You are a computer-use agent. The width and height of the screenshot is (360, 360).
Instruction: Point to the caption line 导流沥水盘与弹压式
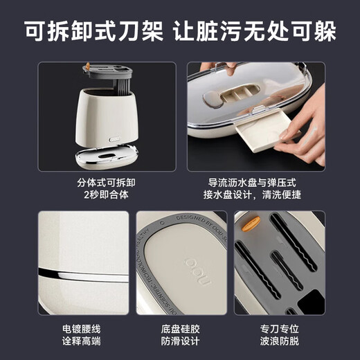point(255,183)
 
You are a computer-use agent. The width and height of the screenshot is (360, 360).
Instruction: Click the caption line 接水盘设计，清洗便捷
point(255,197)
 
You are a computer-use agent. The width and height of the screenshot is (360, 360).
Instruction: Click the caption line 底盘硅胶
point(180,327)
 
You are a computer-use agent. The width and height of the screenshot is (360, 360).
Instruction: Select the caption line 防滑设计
point(180,341)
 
